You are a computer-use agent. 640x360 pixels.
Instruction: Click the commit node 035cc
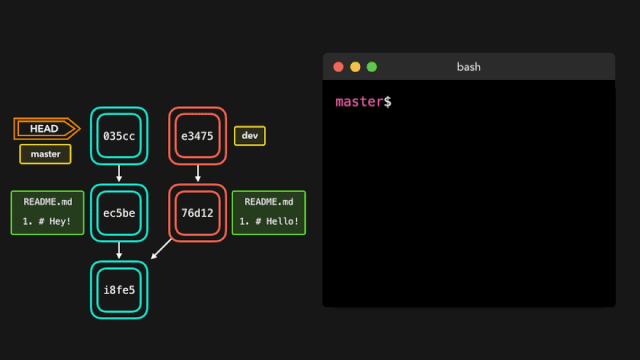click(x=119, y=135)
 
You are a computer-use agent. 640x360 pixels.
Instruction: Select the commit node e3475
click(x=197, y=135)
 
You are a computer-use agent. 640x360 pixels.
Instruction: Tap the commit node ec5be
click(x=119, y=212)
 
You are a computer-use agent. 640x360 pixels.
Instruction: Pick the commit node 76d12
click(x=197, y=212)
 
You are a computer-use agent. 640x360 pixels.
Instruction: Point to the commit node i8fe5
click(x=119, y=290)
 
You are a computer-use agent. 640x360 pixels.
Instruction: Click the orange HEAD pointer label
click(x=45, y=128)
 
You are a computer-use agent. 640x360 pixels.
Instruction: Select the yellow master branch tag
click(x=45, y=154)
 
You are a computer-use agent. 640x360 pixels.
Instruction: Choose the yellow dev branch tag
click(x=249, y=135)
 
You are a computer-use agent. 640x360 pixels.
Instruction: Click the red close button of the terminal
click(x=338, y=67)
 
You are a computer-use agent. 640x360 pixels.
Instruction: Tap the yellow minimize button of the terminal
click(x=355, y=67)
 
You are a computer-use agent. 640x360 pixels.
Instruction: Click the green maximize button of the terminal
click(x=372, y=67)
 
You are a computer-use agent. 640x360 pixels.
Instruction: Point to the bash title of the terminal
click(x=469, y=67)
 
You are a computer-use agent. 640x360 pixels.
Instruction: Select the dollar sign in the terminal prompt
click(x=388, y=102)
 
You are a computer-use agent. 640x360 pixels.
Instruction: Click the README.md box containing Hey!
click(x=46, y=212)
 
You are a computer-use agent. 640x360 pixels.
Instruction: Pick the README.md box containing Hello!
click(x=269, y=212)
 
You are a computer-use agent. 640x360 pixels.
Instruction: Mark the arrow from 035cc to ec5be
click(x=119, y=174)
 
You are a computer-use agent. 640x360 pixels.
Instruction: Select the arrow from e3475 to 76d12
click(x=197, y=174)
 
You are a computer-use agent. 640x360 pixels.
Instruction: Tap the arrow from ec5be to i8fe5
click(x=119, y=251)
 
